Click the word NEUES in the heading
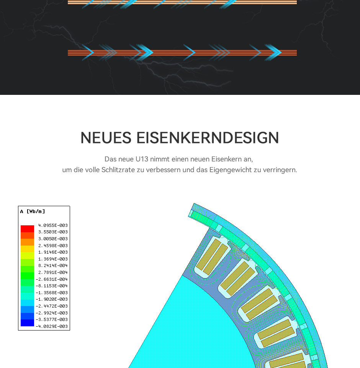[106, 138]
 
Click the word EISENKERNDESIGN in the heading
[208, 138]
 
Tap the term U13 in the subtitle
[142, 159]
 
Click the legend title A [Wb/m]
[33, 212]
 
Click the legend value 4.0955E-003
[53, 225]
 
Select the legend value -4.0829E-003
[52, 326]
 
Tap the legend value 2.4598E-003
[53, 246]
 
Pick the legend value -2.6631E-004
[52, 279]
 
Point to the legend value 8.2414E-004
[53, 265]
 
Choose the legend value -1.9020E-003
[52, 299]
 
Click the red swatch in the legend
[27, 229]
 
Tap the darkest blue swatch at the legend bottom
[27, 323]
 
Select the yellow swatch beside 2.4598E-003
[27, 249]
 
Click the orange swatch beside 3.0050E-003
[27, 242]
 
